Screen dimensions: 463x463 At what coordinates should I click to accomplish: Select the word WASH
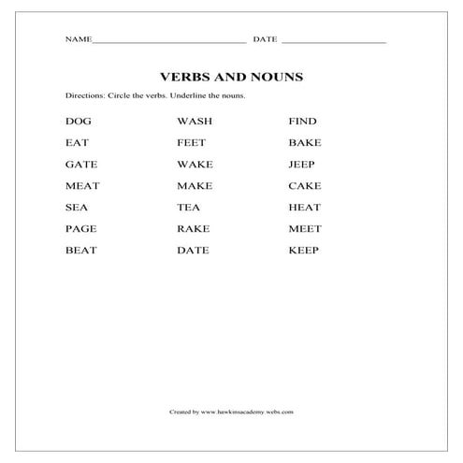click(x=195, y=122)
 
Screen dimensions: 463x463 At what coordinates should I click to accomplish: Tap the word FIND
click(x=303, y=122)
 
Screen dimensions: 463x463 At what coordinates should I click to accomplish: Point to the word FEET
click(x=192, y=143)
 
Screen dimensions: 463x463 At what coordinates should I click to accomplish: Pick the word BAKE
click(x=305, y=143)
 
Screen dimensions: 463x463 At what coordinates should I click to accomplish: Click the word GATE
click(x=80, y=165)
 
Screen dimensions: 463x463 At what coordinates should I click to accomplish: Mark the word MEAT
click(x=82, y=186)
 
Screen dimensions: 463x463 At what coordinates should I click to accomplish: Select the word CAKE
click(x=305, y=186)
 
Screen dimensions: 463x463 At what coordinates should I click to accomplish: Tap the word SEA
click(x=76, y=208)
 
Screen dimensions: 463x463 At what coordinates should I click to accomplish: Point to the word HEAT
click(x=305, y=208)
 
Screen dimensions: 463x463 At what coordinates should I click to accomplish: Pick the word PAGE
click(x=80, y=229)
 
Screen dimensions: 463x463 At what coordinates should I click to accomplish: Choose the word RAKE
click(x=193, y=229)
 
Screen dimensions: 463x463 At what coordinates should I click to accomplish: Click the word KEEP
click(x=304, y=251)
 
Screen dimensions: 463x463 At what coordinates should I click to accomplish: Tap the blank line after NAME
click(x=169, y=41)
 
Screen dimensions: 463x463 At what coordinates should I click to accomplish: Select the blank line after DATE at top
click(x=333, y=41)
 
